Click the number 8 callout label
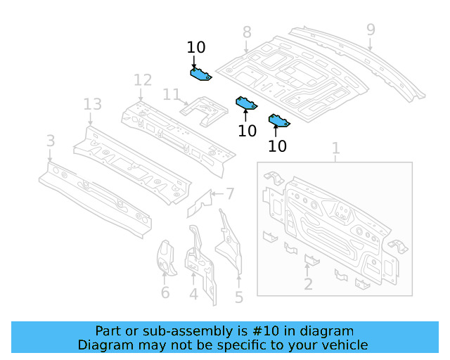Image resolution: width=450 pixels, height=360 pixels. click(x=247, y=32)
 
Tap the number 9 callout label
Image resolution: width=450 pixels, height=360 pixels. click(x=371, y=30)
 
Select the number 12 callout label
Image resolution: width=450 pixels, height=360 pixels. click(x=143, y=79)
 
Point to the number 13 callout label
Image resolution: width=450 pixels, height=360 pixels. click(x=93, y=105)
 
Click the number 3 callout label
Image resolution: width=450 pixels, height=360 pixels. click(x=51, y=141)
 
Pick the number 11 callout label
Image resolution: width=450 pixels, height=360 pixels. click(x=172, y=94)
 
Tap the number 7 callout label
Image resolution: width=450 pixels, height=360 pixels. click(x=230, y=193)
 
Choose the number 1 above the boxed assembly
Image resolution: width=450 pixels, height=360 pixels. click(x=335, y=148)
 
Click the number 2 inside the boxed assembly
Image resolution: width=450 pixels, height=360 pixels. click(x=308, y=284)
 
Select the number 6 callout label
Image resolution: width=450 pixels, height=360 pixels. click(x=165, y=292)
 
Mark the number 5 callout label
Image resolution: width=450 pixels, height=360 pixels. click(x=239, y=297)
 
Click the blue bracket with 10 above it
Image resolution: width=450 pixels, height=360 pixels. click(x=201, y=73)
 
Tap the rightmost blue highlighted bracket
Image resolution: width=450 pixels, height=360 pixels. click(x=278, y=122)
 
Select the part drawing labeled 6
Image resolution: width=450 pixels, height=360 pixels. click(x=166, y=259)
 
